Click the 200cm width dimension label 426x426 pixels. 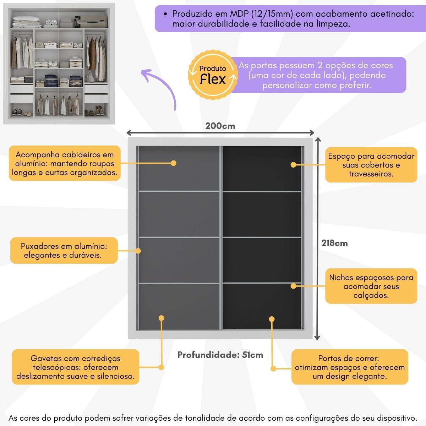(220, 126)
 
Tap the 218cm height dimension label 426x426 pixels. (334, 243)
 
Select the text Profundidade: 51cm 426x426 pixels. (220, 355)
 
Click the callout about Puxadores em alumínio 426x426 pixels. (64, 251)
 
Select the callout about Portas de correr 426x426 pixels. (350, 367)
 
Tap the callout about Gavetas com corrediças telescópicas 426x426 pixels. (76, 367)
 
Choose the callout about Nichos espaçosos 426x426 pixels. (371, 286)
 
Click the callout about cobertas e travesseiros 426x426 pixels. (371, 165)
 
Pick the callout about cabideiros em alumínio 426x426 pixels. (65, 163)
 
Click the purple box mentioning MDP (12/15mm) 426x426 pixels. (289, 19)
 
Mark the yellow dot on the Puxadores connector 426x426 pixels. (138, 251)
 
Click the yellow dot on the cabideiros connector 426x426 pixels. (173, 163)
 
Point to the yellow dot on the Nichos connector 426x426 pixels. (293, 286)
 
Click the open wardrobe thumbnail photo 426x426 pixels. (59, 64)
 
